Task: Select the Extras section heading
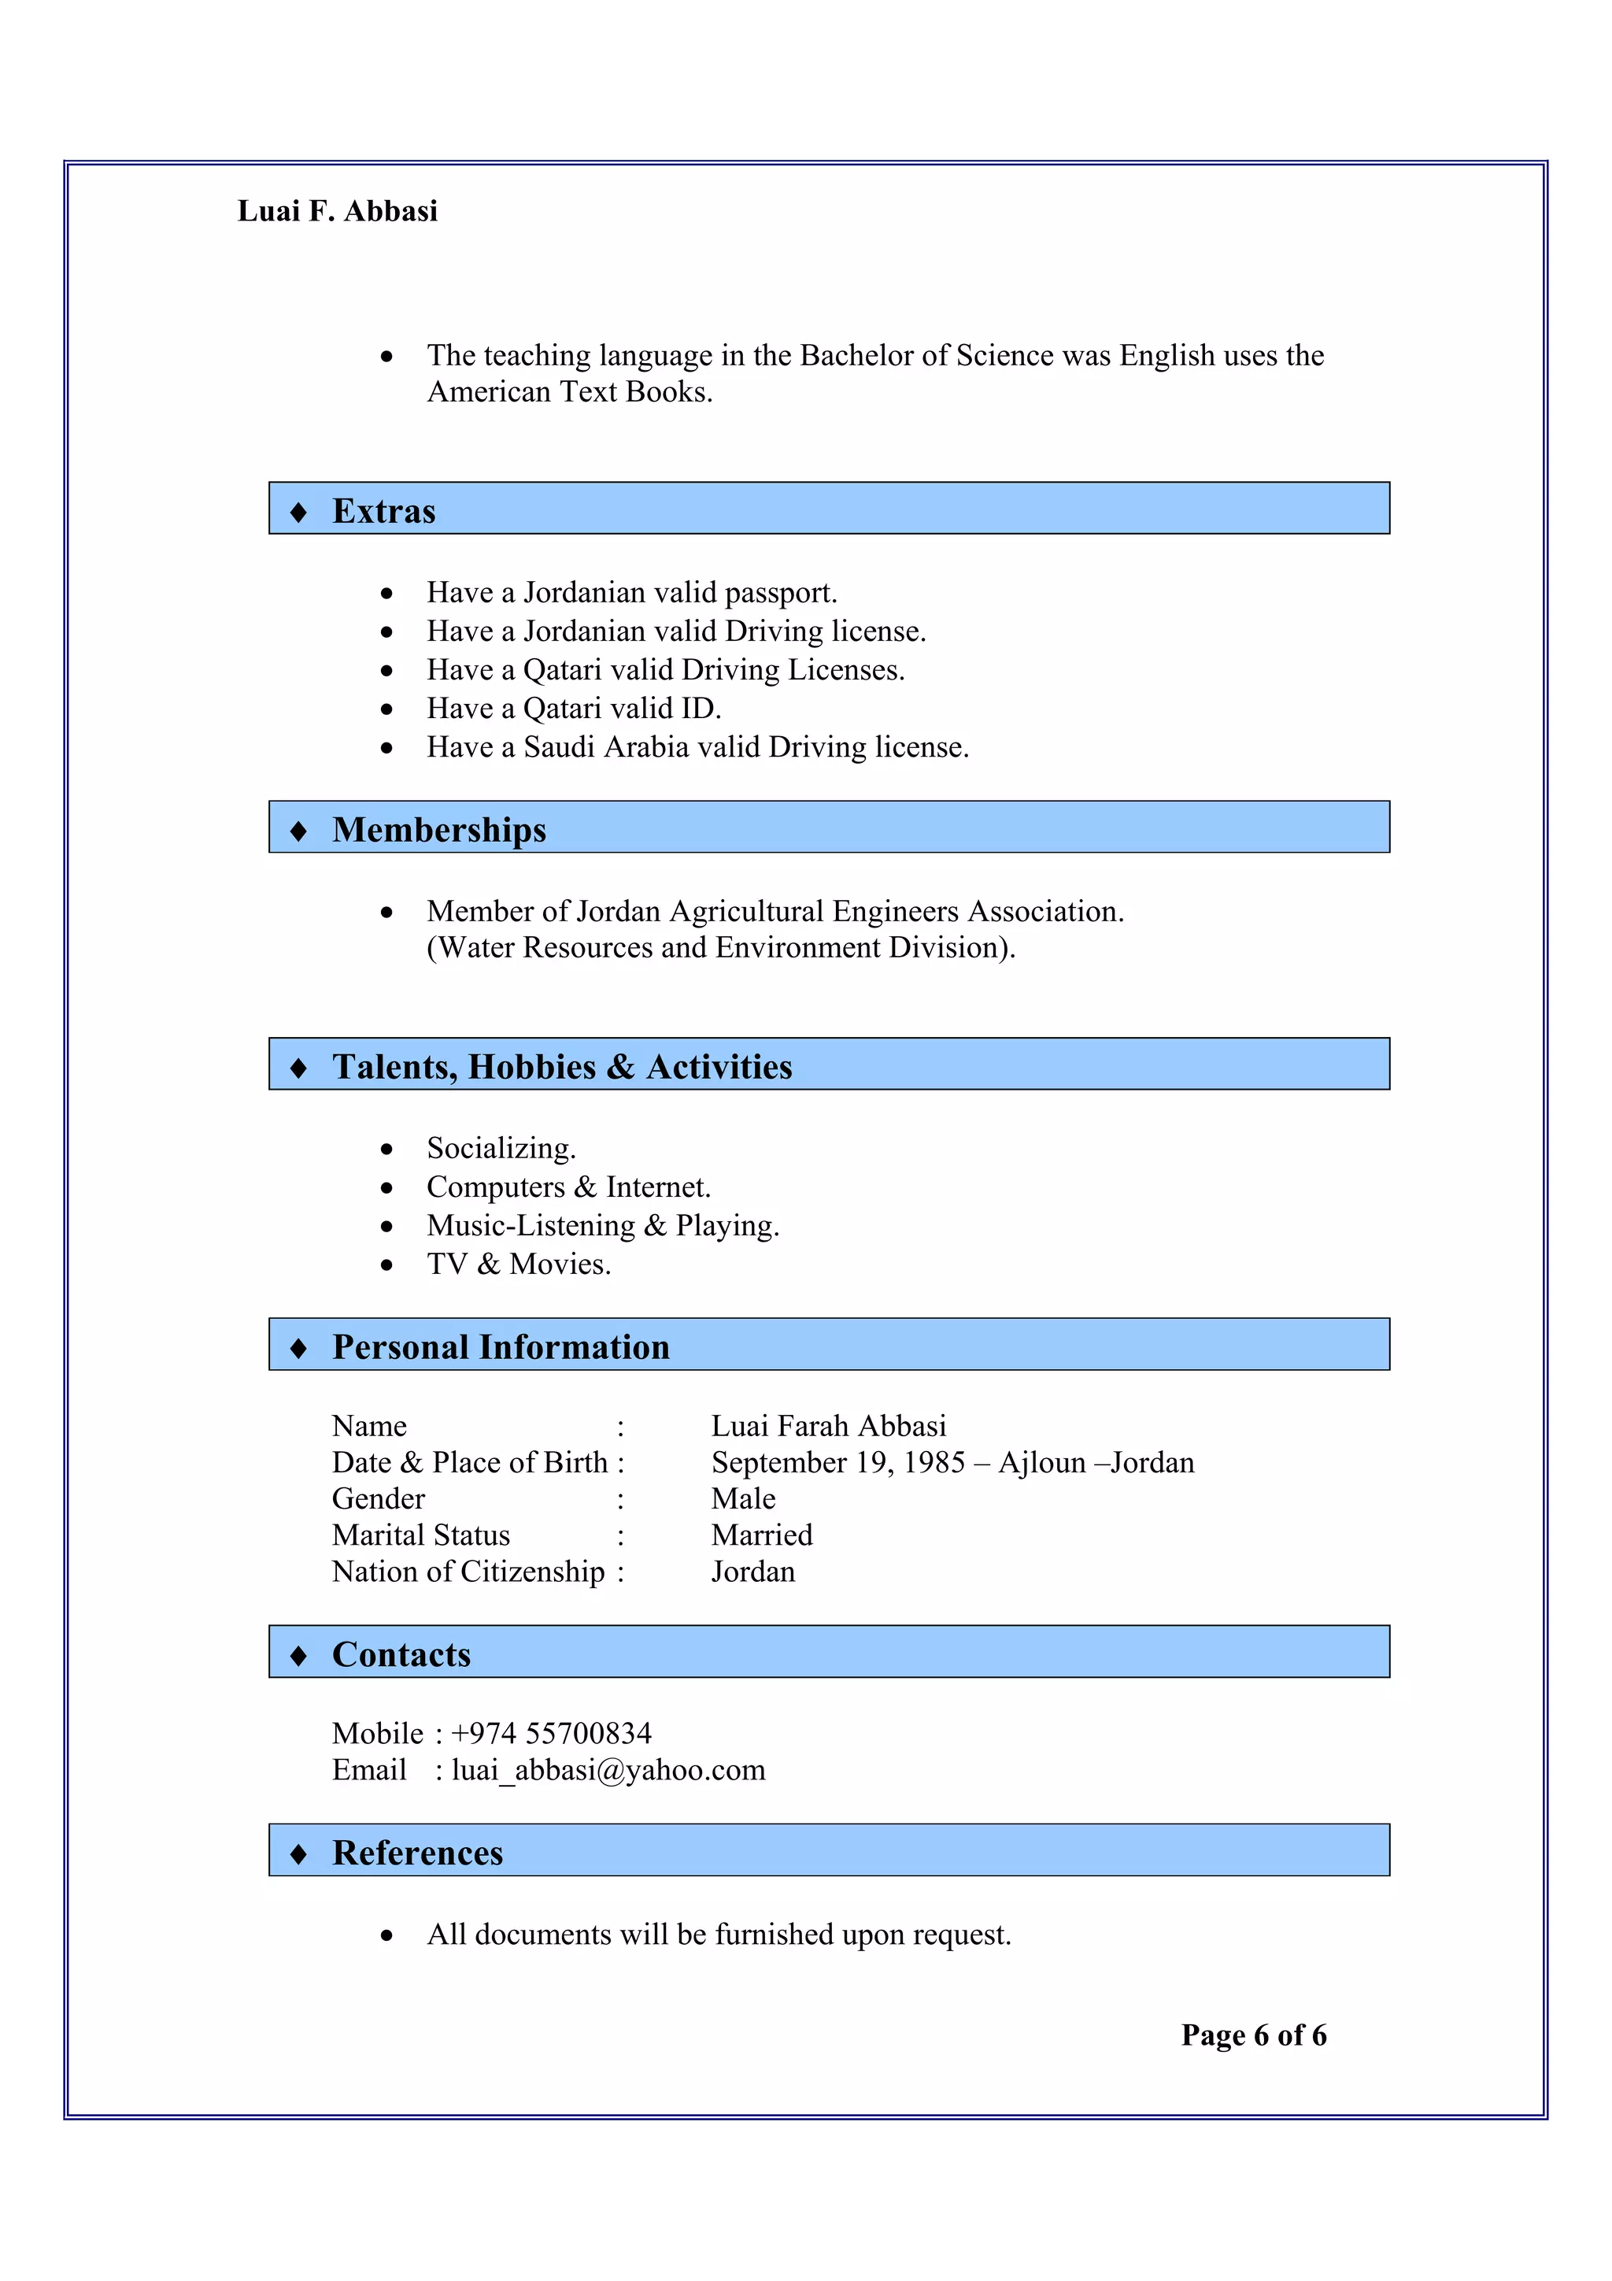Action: [383, 511]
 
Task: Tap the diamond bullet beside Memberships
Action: [298, 831]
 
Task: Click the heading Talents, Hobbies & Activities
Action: [561, 1066]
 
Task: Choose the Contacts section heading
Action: [401, 1654]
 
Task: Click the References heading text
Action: [417, 1853]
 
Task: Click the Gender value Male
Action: [743, 1498]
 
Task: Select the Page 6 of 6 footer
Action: [1253, 2035]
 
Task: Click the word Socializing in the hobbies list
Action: [501, 1149]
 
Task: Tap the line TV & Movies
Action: [519, 1264]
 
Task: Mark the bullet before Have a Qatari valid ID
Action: [386, 709]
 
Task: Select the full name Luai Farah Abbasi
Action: [828, 1427]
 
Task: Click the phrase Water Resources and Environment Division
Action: [721, 948]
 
